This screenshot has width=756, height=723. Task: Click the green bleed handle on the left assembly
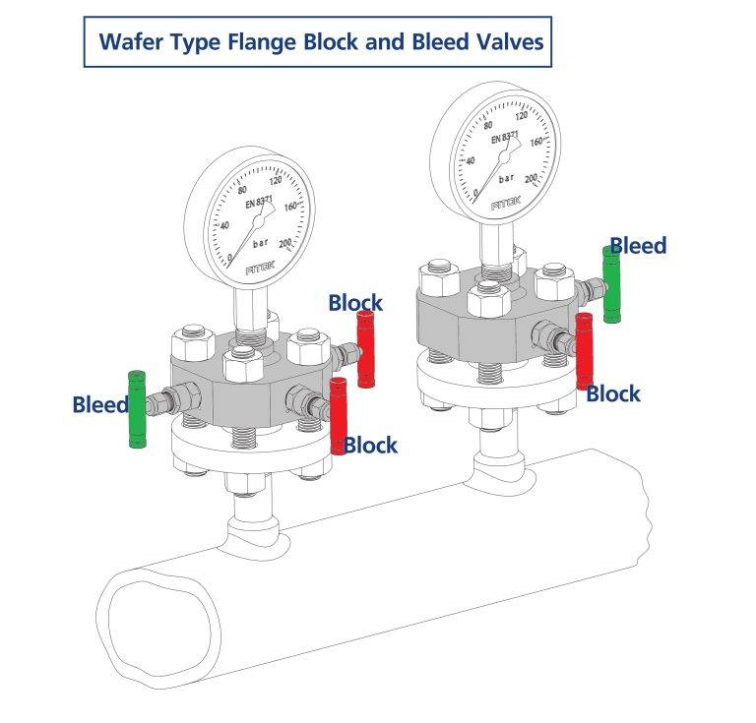pos(137,408)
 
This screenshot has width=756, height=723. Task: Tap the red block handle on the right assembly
pos(584,349)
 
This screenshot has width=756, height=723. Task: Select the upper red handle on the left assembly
pos(367,349)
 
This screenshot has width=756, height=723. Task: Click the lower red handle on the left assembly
pos(340,415)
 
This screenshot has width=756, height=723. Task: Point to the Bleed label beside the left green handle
pos(99,404)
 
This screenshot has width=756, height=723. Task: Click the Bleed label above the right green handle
pos(638,245)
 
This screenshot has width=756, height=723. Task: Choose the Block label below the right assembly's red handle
pos(613,393)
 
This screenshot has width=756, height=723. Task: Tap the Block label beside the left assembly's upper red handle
pos(355,302)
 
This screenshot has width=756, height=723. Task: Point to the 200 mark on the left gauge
pos(286,243)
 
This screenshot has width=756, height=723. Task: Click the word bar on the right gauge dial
pos(507,180)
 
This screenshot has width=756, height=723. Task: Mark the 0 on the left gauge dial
pos(231,258)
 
